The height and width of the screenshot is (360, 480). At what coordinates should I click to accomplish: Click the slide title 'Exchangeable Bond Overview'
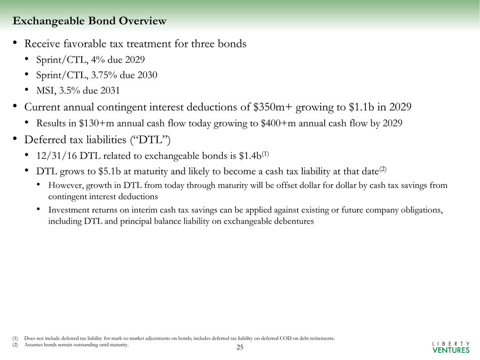click(89, 21)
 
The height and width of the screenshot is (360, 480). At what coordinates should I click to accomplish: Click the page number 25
click(240, 348)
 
